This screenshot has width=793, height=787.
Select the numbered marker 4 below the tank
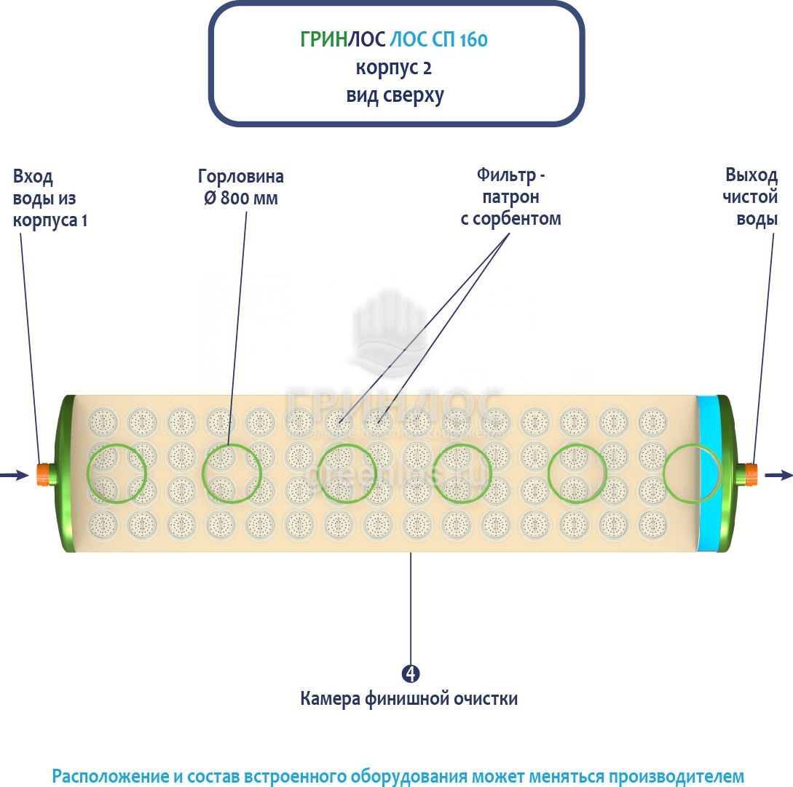(x=411, y=673)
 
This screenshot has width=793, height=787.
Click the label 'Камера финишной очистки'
(x=409, y=699)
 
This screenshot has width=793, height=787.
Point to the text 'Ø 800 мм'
(x=241, y=198)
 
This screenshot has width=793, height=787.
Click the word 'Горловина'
(x=241, y=177)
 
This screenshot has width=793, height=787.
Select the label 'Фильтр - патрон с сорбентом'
(x=511, y=196)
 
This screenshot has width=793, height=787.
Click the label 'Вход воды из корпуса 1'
(x=50, y=198)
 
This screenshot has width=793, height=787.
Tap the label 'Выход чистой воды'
(x=751, y=196)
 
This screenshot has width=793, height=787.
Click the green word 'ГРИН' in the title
(x=323, y=40)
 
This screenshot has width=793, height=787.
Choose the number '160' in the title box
(x=473, y=40)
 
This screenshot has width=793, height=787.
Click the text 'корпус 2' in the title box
(x=395, y=68)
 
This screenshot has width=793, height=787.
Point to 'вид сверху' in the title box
(x=395, y=95)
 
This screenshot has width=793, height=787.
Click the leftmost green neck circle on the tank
(x=116, y=473)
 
